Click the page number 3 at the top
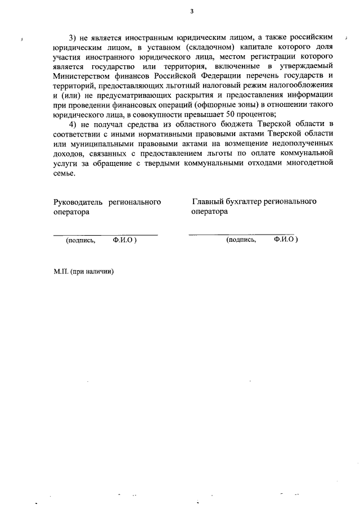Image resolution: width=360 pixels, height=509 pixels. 192,11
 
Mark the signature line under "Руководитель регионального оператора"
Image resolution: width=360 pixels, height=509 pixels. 105,234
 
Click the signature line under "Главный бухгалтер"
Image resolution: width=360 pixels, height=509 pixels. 241,233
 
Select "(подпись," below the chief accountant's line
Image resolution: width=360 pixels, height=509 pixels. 241,240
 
